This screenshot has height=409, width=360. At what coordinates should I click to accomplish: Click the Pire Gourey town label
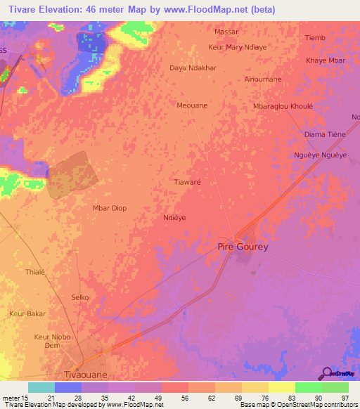point(243,247)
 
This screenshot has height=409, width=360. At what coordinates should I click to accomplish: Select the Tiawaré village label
point(187,181)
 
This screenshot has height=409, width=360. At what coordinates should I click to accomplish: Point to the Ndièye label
point(174,218)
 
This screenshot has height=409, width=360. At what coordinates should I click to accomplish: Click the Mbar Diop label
point(110,208)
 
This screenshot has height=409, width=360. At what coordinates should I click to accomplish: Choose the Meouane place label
point(192,105)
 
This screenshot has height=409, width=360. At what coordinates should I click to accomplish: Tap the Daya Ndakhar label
point(192,68)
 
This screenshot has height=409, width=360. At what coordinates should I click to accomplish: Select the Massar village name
point(226,32)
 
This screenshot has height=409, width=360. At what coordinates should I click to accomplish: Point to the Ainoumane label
point(263,79)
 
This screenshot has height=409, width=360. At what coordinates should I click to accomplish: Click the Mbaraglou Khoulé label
point(283,106)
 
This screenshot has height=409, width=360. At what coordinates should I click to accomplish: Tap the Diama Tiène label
point(323,134)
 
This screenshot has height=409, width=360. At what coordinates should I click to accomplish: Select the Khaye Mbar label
point(326,60)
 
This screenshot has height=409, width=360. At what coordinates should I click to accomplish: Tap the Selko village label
point(80,297)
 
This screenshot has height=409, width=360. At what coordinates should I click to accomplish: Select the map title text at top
point(138,9)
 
